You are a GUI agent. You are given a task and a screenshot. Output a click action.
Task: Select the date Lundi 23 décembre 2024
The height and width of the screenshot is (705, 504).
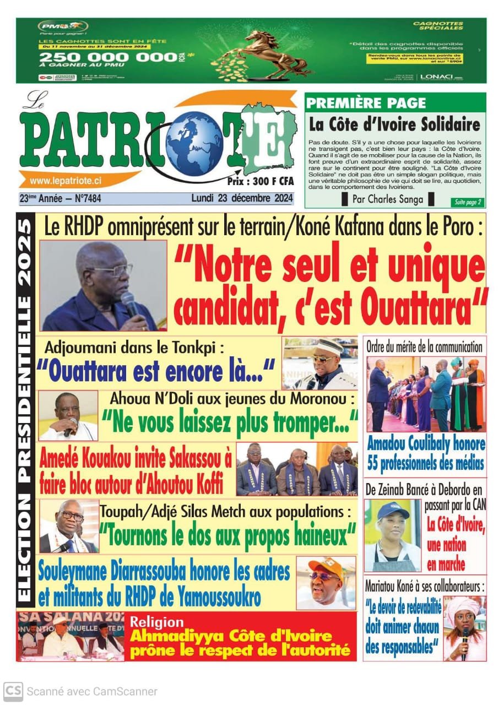pyautogui.click(x=242, y=198)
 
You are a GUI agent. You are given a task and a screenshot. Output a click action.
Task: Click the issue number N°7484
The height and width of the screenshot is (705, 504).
pyautogui.click(x=95, y=198)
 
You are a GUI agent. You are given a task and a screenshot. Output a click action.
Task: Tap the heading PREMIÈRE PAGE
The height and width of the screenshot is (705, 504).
pyautogui.click(x=366, y=102)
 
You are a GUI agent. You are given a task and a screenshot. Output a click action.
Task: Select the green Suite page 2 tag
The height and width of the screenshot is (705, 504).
pyautogui.click(x=467, y=202)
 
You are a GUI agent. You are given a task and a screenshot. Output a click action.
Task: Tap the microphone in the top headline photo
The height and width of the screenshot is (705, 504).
pyautogui.click(x=130, y=303)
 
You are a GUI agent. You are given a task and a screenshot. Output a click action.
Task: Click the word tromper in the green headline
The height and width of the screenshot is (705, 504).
pyautogui.click(x=306, y=423)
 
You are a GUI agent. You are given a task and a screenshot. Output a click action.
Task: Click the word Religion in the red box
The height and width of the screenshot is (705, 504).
pyautogui.click(x=156, y=622)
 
